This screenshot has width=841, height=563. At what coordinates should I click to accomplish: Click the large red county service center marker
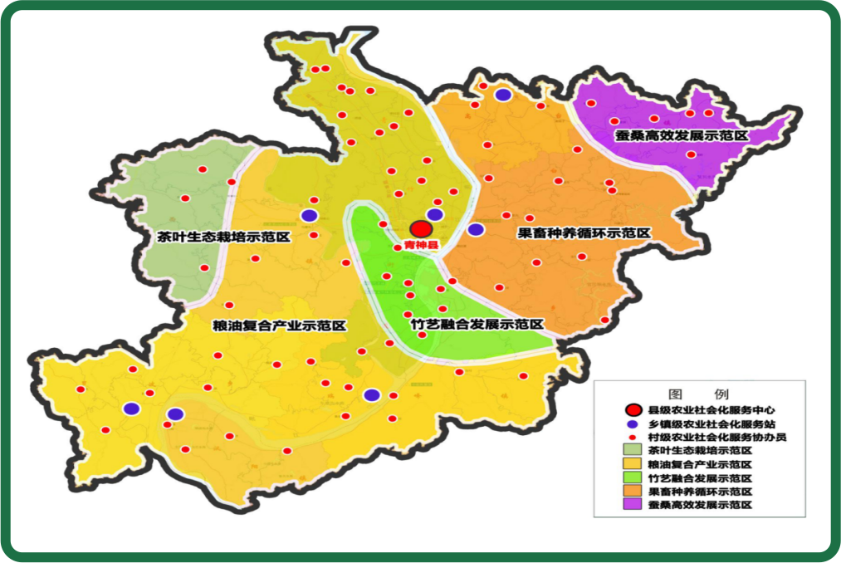pos(421,228)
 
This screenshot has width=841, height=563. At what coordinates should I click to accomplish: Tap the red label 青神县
pos(420,245)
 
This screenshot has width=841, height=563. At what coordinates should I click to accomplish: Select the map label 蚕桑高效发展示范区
pos(682,134)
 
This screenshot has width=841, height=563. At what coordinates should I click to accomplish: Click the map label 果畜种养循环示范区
pos(584,233)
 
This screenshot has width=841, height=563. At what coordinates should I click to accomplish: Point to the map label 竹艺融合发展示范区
pos(477,324)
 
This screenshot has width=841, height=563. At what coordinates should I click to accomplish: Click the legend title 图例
pos(698,394)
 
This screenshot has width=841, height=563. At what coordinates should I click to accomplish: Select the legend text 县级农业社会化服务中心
pos(711,409)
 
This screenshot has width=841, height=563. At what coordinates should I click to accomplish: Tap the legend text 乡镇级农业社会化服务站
pos(711,423)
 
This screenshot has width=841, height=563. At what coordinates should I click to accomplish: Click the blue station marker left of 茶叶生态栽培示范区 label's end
pos(309,215)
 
